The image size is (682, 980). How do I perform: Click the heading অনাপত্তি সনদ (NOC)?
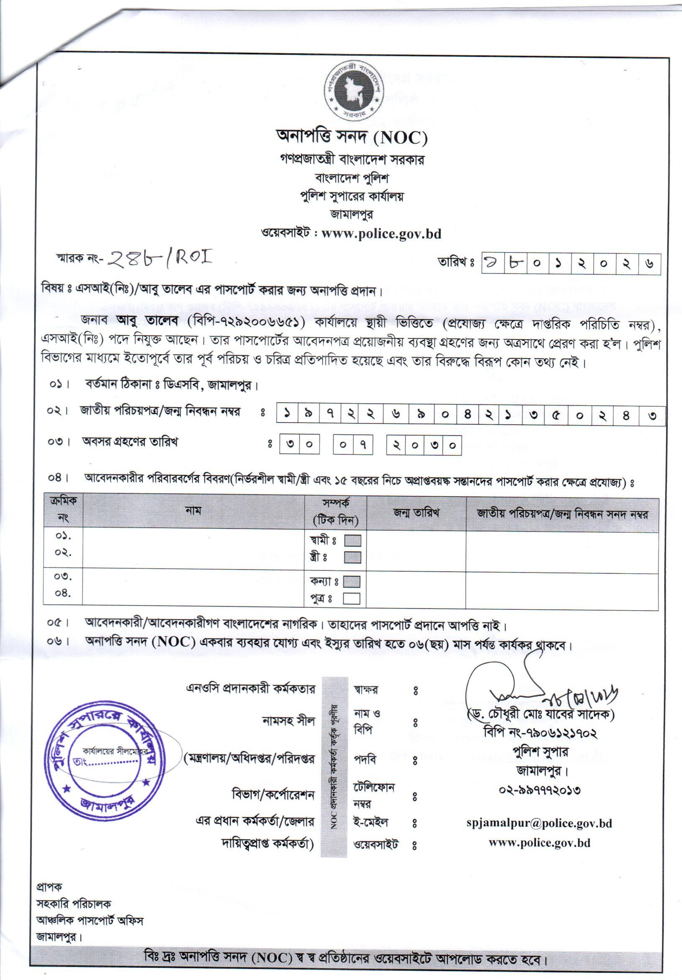(x=351, y=137)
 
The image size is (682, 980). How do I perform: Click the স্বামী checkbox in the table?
(x=353, y=541)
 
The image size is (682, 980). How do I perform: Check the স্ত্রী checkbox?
(x=353, y=557)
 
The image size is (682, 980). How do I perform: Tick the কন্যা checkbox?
(x=352, y=581)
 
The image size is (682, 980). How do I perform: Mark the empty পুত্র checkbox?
(x=352, y=598)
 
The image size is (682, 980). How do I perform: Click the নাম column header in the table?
(x=193, y=511)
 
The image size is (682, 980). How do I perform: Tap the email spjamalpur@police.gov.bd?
(x=540, y=823)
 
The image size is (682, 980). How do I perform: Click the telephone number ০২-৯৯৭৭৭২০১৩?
(x=540, y=790)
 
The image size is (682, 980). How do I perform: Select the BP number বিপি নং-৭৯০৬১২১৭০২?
(x=540, y=733)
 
